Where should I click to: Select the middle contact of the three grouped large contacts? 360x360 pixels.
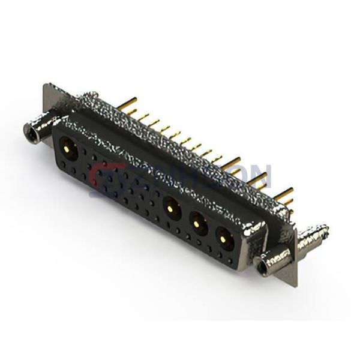(198, 226)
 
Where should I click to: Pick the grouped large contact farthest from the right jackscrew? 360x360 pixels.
(171, 209)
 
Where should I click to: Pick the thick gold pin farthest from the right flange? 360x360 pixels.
(230, 161)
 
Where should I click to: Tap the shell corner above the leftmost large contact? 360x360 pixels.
(60, 122)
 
